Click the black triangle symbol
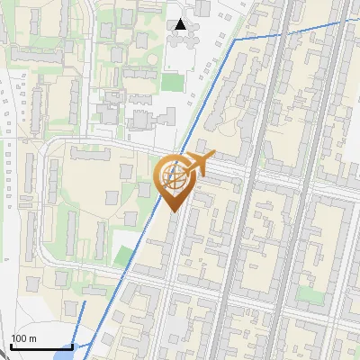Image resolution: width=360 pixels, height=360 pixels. (181, 24)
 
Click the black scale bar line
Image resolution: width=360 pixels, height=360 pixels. (41, 346)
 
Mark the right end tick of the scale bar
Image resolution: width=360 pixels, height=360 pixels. (72, 345)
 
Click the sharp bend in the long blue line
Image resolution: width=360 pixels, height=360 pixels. (235, 40)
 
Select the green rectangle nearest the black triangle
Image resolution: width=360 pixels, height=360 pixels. (171, 81)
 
